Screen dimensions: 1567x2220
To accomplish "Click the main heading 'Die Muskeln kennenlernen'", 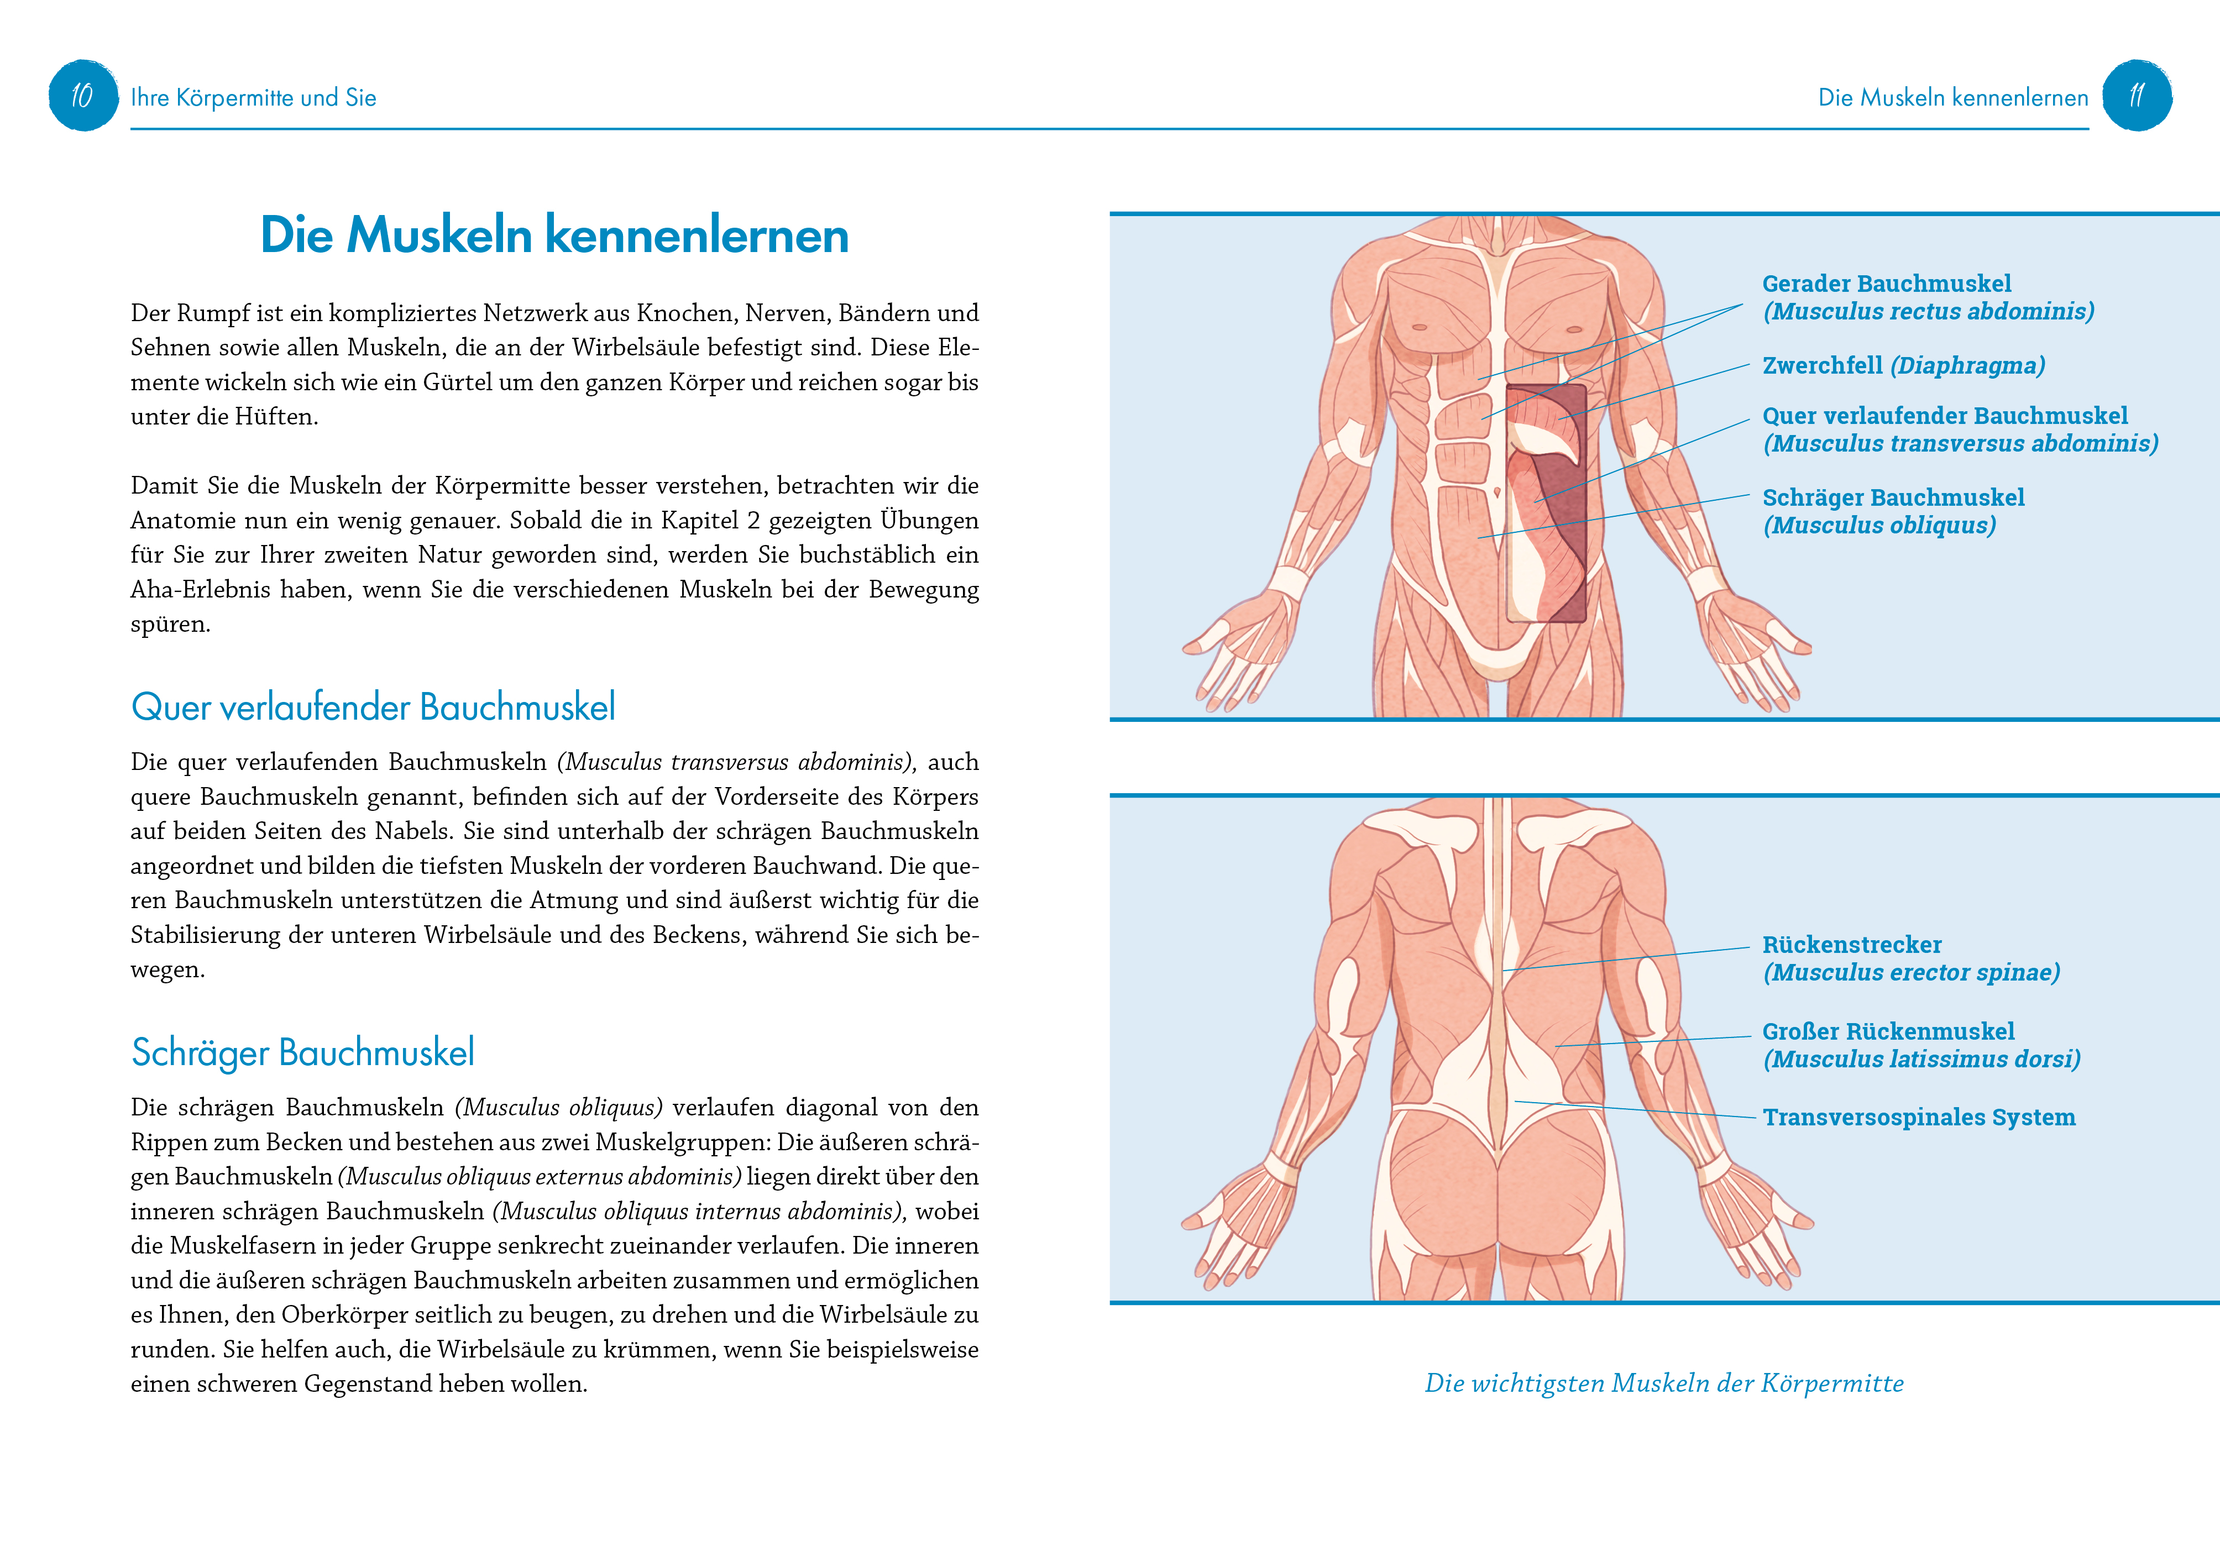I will pos(554,235).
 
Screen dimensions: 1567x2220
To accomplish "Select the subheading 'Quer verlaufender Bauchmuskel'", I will pos(373,706).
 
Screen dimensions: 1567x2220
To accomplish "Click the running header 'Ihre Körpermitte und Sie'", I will pos(253,98).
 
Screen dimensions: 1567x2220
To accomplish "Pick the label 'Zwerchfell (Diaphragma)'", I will pos(1903,365).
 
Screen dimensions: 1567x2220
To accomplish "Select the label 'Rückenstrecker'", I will pos(1852,945).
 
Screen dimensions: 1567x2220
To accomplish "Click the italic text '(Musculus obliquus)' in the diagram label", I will pos(1879,525).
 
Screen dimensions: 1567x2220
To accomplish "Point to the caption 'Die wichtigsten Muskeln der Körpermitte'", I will pos(1664,1383).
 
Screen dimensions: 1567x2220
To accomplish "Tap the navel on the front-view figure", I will pos(1498,493).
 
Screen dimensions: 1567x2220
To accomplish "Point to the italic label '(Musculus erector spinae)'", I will pos(1910,972).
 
